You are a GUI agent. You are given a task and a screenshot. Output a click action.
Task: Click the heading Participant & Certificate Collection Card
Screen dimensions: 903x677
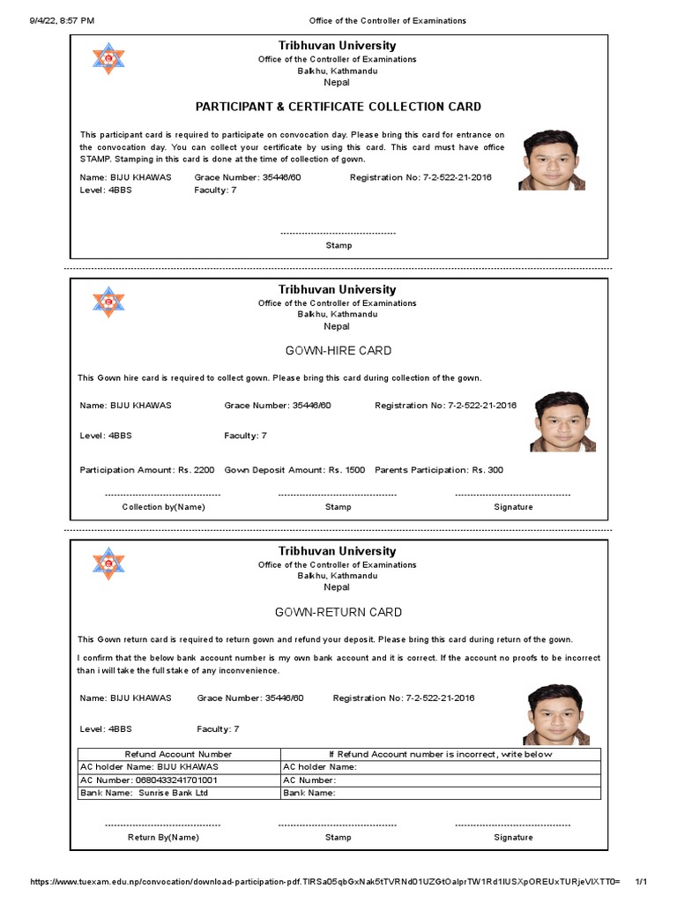pyautogui.click(x=338, y=107)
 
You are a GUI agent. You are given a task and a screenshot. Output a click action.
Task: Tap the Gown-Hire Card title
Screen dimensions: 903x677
pyautogui.click(x=338, y=351)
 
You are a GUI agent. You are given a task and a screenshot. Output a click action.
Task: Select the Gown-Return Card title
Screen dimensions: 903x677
pyautogui.click(x=338, y=612)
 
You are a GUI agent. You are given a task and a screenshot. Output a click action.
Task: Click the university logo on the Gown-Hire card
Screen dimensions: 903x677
pyautogui.click(x=109, y=302)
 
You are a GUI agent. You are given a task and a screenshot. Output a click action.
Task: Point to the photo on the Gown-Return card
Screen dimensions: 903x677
pyautogui.click(x=556, y=715)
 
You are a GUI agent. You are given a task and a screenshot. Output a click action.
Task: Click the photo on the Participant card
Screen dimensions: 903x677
pyautogui.click(x=551, y=160)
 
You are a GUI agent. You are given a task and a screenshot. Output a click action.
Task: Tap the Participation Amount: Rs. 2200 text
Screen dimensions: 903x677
pyautogui.click(x=147, y=470)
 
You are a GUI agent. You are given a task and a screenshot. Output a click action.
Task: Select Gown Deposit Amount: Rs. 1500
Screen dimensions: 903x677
pyautogui.click(x=294, y=470)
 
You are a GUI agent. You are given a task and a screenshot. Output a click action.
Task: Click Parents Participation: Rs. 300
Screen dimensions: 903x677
pyautogui.click(x=439, y=470)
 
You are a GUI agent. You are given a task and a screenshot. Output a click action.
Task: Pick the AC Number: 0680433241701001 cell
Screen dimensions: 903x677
pyautogui.click(x=149, y=780)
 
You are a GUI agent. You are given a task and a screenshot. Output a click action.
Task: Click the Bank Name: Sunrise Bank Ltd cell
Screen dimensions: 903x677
pyautogui.click(x=145, y=793)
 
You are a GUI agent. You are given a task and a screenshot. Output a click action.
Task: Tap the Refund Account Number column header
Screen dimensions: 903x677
pyautogui.click(x=179, y=755)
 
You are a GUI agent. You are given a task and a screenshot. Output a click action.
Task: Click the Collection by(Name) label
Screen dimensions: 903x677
pyautogui.click(x=163, y=507)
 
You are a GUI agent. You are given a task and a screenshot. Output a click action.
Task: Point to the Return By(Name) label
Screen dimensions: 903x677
pyautogui.click(x=163, y=837)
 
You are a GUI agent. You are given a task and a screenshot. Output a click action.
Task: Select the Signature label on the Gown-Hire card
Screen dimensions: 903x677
pyautogui.click(x=513, y=507)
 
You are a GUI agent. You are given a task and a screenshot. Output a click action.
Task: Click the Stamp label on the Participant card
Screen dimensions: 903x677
pyautogui.click(x=338, y=245)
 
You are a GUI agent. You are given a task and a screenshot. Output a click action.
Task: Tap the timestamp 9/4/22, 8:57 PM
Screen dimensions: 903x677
pyautogui.click(x=53, y=20)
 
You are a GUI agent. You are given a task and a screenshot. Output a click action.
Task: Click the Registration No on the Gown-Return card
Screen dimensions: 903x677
pyautogui.click(x=404, y=698)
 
